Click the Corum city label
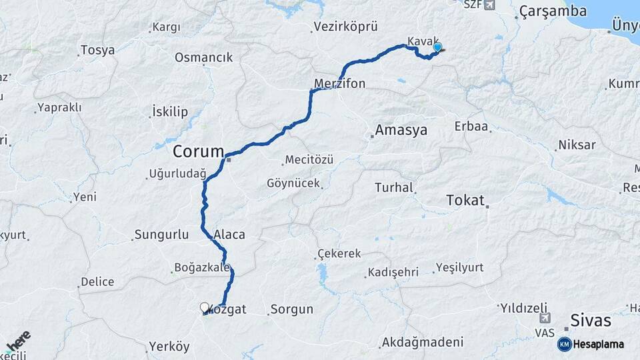point(198,151)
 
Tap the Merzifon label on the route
point(340,85)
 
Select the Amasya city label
point(401,130)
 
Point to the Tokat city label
point(465,200)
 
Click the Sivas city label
point(591,321)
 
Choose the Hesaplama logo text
point(598,344)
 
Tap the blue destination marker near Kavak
point(437,47)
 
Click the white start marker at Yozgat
point(205,307)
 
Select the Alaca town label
point(230,235)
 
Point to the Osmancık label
point(204,57)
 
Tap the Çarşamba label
point(553,11)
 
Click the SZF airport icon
point(491,5)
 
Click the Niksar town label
point(577,145)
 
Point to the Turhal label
point(394,188)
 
